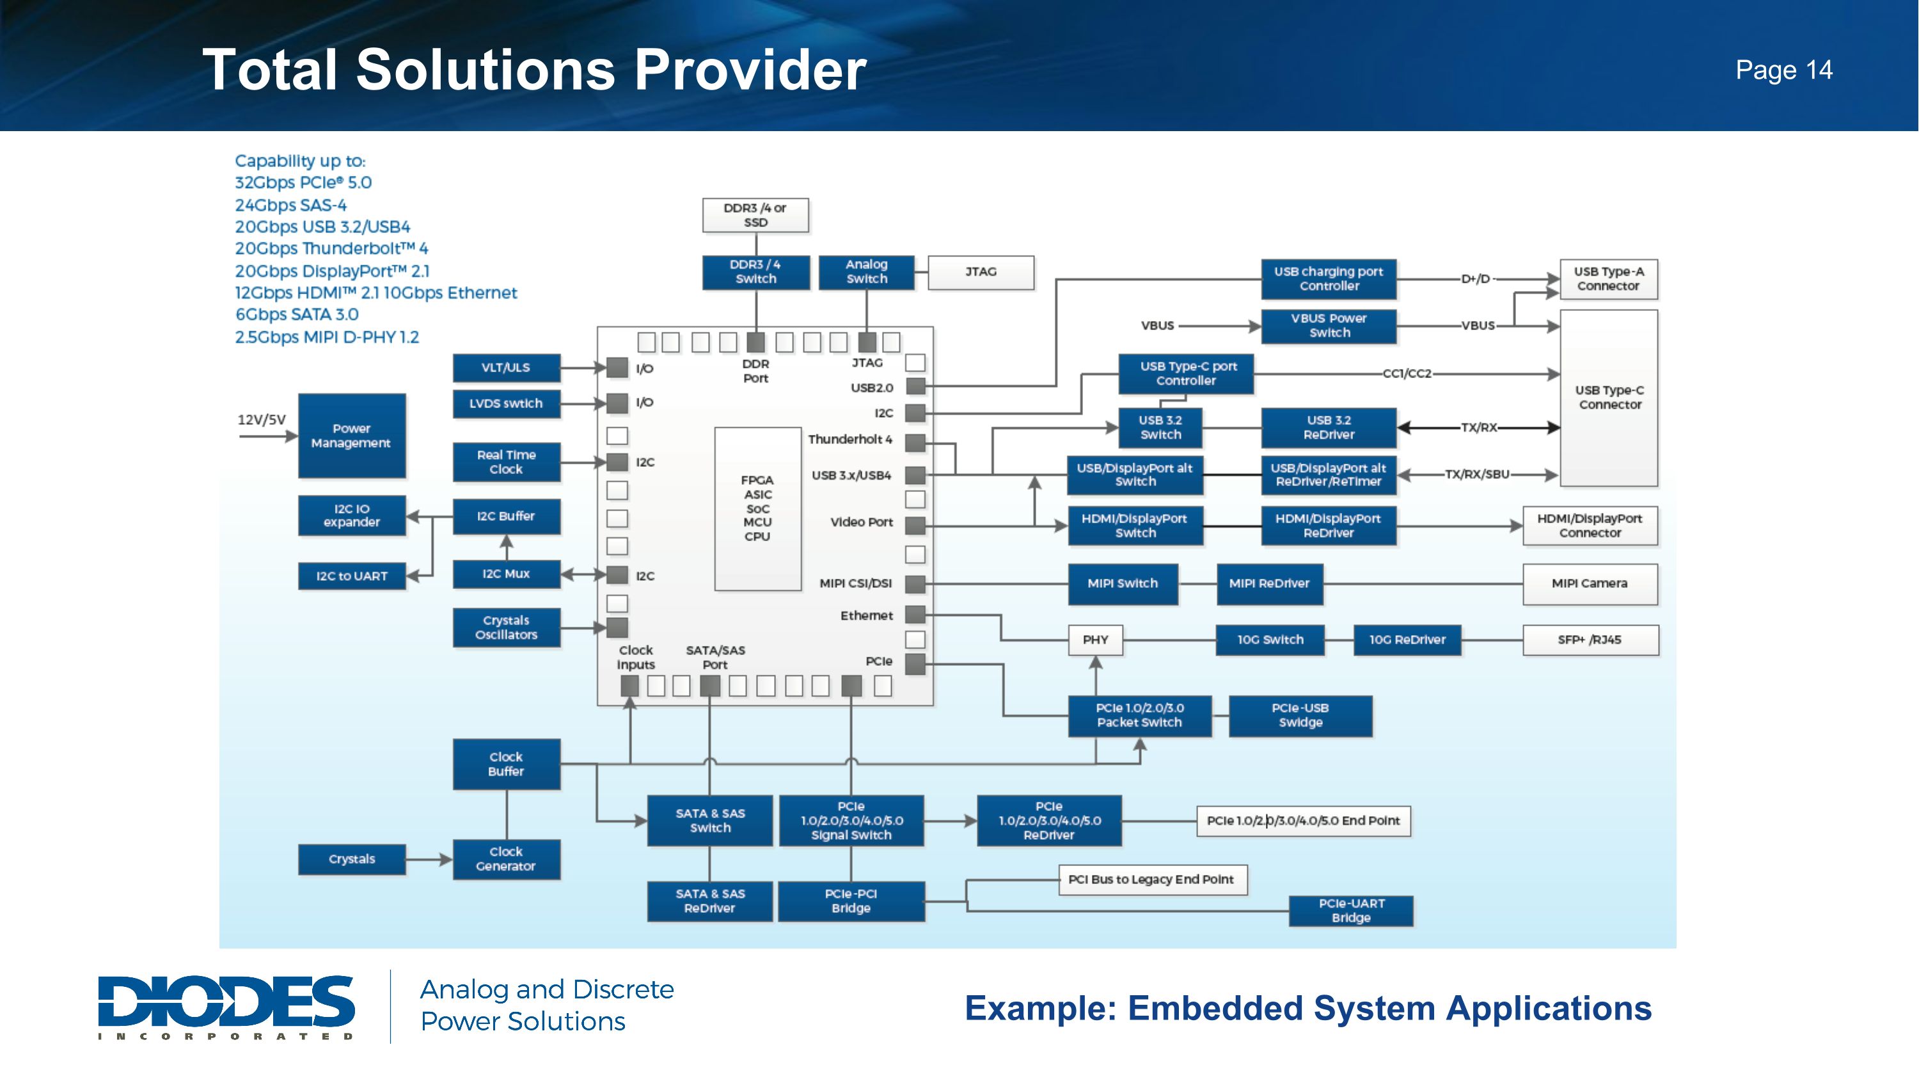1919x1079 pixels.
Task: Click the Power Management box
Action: (x=352, y=436)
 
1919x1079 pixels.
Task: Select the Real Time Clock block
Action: (x=507, y=462)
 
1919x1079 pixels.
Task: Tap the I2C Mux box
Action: (x=507, y=574)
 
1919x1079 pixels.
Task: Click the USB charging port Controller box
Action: (x=1329, y=278)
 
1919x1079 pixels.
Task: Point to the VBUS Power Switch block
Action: (x=1329, y=326)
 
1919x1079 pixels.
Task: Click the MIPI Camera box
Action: (x=1590, y=584)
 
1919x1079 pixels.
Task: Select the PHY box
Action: (x=1095, y=640)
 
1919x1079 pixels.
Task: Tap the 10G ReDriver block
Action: (x=1407, y=640)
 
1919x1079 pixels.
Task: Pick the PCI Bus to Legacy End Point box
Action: (x=1151, y=879)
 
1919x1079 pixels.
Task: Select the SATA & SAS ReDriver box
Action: (x=710, y=901)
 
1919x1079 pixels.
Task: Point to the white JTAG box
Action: (x=981, y=272)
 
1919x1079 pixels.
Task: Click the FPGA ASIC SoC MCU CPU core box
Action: (x=757, y=508)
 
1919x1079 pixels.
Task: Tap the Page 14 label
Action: (x=1783, y=70)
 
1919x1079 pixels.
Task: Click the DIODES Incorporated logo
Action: (x=226, y=1006)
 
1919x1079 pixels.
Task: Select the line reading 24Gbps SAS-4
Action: (x=290, y=205)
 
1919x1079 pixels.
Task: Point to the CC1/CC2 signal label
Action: (x=1407, y=374)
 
